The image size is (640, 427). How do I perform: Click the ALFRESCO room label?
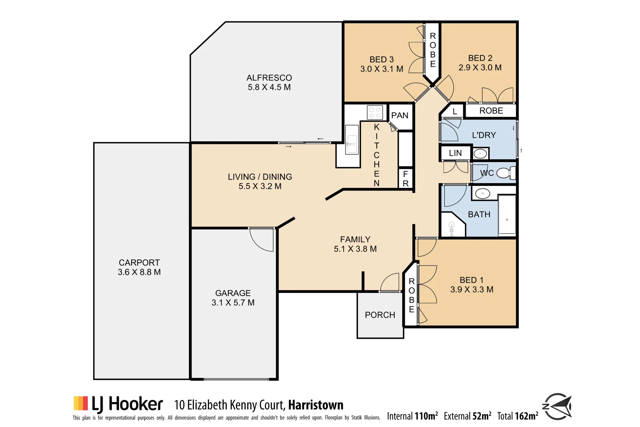(269, 78)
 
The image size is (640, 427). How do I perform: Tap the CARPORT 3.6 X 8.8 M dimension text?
(139, 272)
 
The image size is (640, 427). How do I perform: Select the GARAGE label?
(233, 293)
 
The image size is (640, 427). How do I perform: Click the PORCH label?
(380, 315)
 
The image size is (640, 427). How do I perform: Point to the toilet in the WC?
(505, 173)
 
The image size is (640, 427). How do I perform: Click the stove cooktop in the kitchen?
(375, 112)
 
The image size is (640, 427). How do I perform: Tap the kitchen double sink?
(351, 140)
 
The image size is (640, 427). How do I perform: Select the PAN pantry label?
(399, 115)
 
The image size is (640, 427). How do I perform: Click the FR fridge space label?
(405, 179)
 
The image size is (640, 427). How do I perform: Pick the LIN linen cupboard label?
(455, 153)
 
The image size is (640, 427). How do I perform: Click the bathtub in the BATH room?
(507, 215)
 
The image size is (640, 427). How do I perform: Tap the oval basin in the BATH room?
(482, 194)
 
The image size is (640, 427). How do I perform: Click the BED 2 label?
(480, 58)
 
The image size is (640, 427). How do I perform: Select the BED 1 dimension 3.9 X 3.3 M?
(471, 290)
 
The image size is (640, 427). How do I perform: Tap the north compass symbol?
(557, 406)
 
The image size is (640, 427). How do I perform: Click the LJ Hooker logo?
(118, 404)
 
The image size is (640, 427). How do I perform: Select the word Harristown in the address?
(315, 405)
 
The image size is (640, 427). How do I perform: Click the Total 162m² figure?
(518, 416)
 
